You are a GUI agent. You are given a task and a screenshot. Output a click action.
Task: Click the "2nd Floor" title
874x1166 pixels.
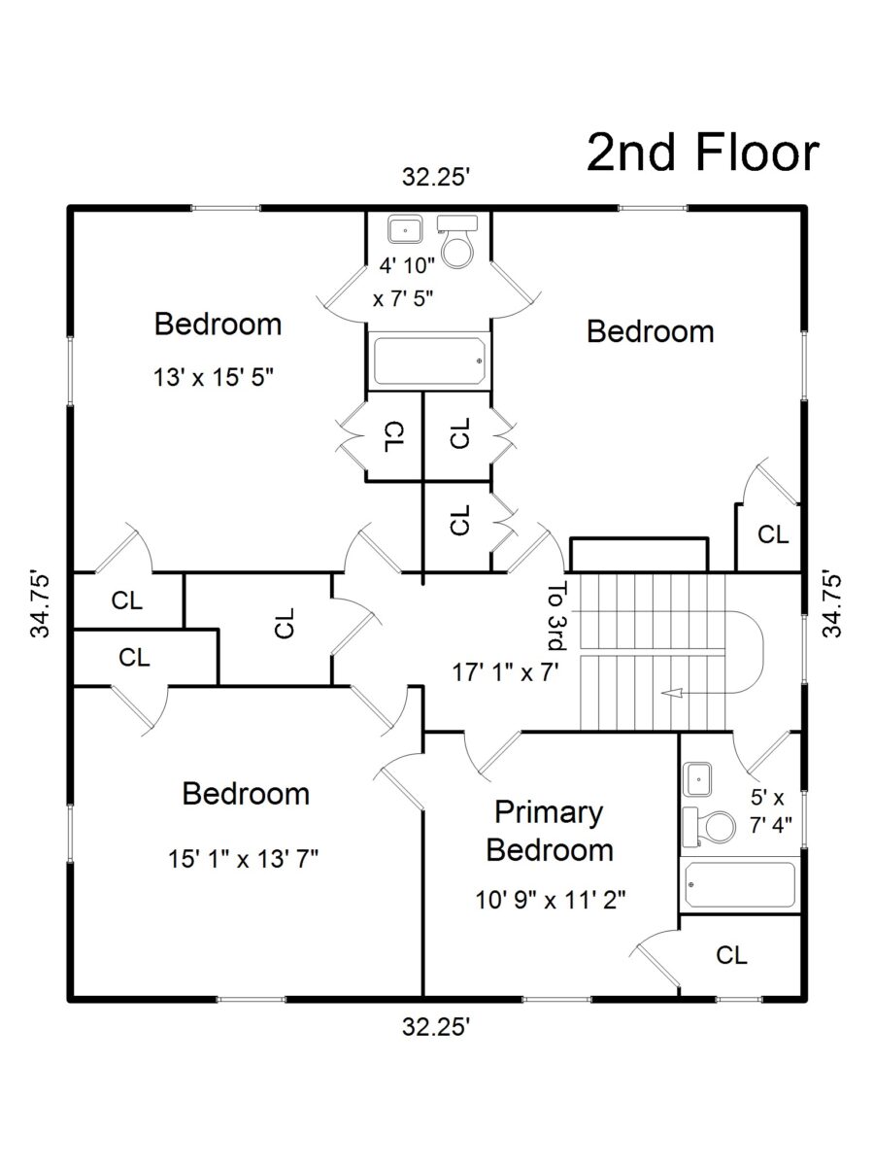coord(702,153)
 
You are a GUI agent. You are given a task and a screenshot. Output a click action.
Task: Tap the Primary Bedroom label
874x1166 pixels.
coord(550,832)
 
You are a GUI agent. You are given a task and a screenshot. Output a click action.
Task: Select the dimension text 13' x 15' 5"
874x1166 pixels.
coord(214,378)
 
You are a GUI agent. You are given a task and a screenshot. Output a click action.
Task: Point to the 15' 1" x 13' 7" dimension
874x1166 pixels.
coord(243,859)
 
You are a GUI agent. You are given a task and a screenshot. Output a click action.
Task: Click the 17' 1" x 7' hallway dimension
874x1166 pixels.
coord(506,672)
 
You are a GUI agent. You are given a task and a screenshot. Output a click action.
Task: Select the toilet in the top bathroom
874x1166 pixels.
coord(455,242)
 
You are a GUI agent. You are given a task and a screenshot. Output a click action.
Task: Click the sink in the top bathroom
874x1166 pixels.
coord(405,230)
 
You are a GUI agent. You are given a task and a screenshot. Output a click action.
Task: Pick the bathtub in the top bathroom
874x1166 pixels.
coord(429,361)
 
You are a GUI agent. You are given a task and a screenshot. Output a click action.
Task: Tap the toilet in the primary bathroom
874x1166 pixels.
coord(709,827)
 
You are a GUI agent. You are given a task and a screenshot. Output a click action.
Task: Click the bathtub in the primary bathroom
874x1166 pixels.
coord(740,885)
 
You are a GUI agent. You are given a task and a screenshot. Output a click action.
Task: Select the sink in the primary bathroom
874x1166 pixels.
coord(696,779)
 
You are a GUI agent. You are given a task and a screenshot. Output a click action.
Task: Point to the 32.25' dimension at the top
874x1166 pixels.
coord(437,177)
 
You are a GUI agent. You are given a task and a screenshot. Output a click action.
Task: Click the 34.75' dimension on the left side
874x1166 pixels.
coord(41,604)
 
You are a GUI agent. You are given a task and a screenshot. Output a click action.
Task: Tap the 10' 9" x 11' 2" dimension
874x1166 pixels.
coord(551,901)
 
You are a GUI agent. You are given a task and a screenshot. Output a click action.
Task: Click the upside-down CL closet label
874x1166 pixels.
coord(394,436)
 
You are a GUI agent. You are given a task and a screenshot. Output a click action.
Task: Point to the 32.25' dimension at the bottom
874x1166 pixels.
coord(437,1027)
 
